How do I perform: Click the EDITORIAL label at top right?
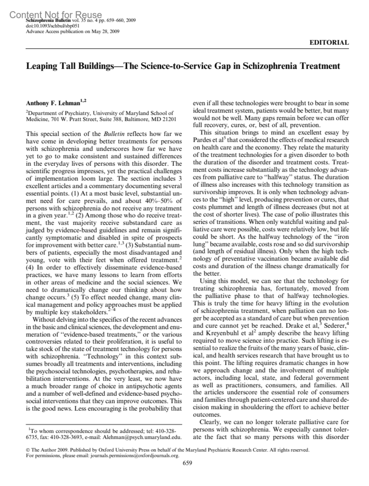coord(329,43)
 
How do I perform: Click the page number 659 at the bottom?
coord(187,463)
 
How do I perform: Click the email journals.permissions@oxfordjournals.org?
coord(134,456)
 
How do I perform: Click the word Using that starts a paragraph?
coord(208,281)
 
